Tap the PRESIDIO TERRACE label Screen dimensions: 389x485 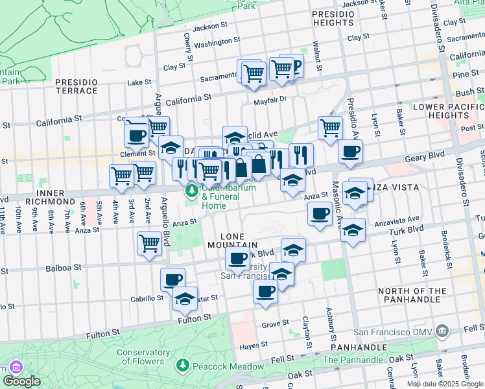click(77, 87)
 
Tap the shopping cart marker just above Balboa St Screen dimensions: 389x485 click(149, 244)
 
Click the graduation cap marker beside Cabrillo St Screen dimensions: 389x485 click(185, 299)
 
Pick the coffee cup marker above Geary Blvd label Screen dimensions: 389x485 click(350, 152)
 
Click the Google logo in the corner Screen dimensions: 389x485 click(21, 381)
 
